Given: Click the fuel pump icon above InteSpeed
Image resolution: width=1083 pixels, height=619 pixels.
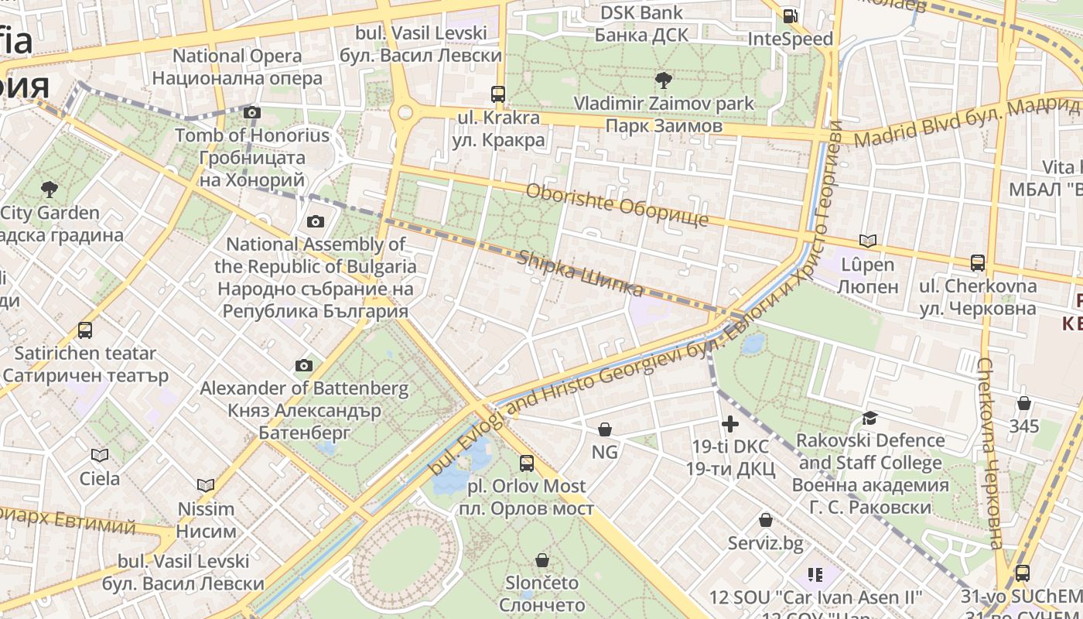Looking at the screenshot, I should pos(790,15).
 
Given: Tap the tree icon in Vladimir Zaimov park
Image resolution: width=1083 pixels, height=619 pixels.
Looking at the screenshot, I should pos(663,79).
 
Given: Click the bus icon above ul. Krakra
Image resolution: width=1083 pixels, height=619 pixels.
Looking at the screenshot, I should pos(498,94).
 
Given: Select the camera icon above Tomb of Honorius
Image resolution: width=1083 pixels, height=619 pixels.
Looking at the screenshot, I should pos(251,112).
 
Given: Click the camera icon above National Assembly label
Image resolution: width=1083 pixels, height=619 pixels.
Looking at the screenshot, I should pos(315,222).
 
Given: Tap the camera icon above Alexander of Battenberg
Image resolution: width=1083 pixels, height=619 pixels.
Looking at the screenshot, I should pos(303,365).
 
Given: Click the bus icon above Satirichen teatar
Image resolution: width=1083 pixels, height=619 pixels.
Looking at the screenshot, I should pos(85,330).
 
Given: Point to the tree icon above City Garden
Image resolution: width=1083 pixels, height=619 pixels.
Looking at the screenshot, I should pos(50,189).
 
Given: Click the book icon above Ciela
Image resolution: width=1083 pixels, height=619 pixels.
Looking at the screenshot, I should pos(100,455).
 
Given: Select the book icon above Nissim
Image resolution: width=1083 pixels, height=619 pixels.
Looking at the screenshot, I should pos(205,485).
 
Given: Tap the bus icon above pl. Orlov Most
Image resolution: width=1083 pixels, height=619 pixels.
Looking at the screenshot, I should pos(527,463).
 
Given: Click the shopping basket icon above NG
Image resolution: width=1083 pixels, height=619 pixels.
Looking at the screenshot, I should pos(605,429).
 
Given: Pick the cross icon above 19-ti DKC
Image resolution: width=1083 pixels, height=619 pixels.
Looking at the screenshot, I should pos(729,423).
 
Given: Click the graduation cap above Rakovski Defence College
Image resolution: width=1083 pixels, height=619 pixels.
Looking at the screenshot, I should pos(869,418).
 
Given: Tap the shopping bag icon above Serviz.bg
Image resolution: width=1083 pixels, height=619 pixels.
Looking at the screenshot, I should pos(765,520).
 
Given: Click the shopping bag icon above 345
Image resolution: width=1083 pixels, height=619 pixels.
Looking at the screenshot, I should pos(1023,403).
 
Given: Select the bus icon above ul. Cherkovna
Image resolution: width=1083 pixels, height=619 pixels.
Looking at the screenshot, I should pos(978,263).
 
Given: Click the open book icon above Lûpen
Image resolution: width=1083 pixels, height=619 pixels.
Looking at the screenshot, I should pos(868,241).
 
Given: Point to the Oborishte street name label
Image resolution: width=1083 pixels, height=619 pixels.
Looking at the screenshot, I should pos(617,204).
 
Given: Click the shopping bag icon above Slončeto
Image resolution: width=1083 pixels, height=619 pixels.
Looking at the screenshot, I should pos(542,559).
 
